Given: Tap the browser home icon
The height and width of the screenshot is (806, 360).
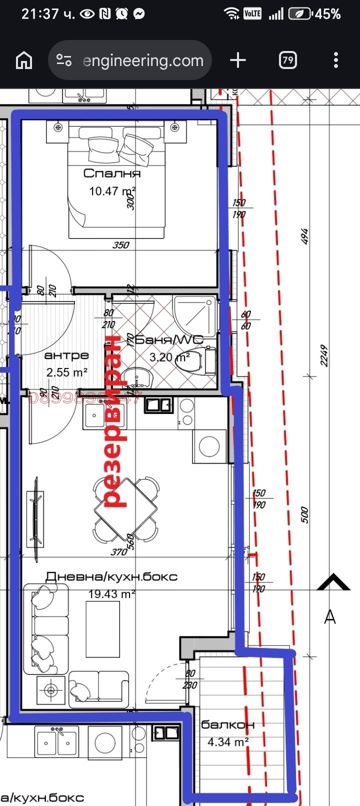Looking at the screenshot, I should [x=24, y=60].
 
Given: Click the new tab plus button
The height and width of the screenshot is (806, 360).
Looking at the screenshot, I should [x=238, y=60].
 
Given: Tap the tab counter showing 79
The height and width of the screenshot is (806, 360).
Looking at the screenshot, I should [x=287, y=60].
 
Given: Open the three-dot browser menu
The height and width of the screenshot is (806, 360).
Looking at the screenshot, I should [x=336, y=60].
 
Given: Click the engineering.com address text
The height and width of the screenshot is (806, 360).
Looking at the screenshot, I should [x=143, y=61].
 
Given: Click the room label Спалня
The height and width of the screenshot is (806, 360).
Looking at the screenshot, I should [x=112, y=173].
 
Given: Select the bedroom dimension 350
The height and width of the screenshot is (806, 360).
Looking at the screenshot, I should [x=121, y=245].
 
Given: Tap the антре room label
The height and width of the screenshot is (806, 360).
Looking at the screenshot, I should [x=66, y=355].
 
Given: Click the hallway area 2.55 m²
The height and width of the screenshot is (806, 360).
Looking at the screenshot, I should [x=67, y=372].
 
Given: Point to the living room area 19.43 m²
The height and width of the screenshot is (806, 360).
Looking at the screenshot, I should [x=112, y=594].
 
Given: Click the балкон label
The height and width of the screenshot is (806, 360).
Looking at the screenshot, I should [x=227, y=724].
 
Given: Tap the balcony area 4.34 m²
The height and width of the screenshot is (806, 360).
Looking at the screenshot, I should [x=228, y=742].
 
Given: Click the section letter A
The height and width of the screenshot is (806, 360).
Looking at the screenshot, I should [x=330, y=617].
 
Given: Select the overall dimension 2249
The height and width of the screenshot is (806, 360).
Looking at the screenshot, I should [x=324, y=355].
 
